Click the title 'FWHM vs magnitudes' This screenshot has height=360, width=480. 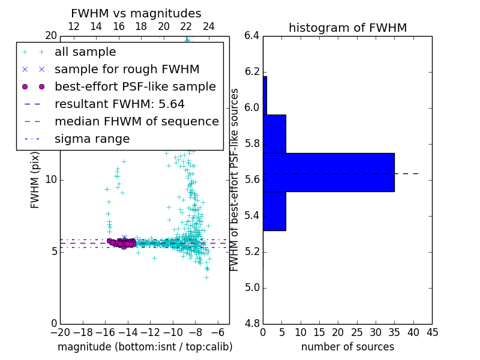click(x=136, y=14)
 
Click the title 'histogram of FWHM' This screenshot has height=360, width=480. click(x=347, y=28)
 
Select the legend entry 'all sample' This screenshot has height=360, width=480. click(x=85, y=52)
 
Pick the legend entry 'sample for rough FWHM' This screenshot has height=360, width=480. click(x=127, y=69)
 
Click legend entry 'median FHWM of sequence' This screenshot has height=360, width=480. click(x=136, y=121)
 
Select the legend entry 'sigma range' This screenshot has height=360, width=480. click(x=92, y=139)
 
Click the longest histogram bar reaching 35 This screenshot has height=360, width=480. click(x=328, y=172)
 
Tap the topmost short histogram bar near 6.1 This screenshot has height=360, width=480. click(x=265, y=95)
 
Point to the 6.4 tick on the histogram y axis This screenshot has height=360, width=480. click(x=252, y=36)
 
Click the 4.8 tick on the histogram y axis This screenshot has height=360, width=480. click(x=252, y=324)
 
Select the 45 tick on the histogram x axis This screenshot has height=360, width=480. click(x=432, y=332)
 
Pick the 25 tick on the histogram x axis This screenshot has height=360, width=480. click(x=357, y=332)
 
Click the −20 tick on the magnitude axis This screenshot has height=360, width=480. click(x=60, y=332)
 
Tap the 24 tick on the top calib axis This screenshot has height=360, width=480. click(x=209, y=27)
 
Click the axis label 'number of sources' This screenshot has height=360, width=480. click(x=347, y=347)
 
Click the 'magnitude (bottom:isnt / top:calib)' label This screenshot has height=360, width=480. click(x=145, y=347)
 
